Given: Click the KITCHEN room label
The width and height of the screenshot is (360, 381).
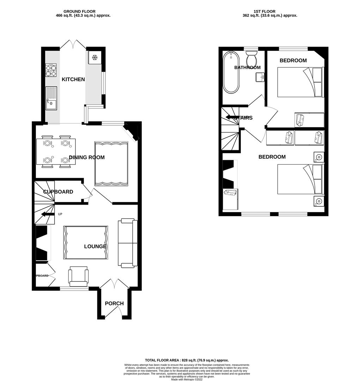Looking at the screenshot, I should coord(73,79).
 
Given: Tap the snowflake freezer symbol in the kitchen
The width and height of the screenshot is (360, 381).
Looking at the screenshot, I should coord(94,58).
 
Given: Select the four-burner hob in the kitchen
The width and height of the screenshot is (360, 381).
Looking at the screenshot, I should coord(51,70).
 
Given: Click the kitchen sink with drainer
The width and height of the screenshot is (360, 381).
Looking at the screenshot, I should coord(51,98).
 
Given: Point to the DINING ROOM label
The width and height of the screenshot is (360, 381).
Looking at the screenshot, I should coord(87,157).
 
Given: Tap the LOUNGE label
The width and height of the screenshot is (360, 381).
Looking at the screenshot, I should coord(95,246).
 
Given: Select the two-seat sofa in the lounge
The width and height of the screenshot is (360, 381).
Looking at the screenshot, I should coord(127,243).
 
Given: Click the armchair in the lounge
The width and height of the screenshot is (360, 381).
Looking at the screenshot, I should coord(79,277).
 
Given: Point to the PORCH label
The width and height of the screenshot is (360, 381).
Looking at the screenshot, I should coord(114,303).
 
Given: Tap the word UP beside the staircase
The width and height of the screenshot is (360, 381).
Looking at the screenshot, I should coord(60,214).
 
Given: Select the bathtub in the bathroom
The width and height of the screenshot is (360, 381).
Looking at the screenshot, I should coord(231,72).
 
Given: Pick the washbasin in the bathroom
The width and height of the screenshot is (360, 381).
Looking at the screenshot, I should coord(261,77).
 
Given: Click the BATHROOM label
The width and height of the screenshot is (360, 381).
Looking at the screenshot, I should coord(248,67).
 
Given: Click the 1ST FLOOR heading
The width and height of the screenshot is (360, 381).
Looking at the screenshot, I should coord(264,12).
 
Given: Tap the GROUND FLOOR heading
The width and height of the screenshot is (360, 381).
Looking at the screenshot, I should coord(79,12).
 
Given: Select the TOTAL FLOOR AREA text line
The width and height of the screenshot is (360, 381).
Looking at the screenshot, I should coord(180,360).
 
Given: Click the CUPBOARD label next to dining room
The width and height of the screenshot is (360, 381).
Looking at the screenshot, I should coord(58,192).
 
